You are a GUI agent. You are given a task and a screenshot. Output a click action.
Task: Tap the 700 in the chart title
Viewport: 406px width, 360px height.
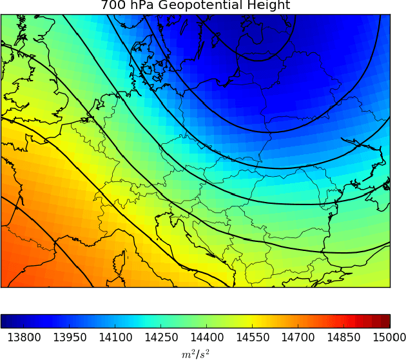(112, 6)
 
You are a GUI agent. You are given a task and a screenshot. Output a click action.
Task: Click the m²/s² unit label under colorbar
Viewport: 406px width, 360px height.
(195, 353)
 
